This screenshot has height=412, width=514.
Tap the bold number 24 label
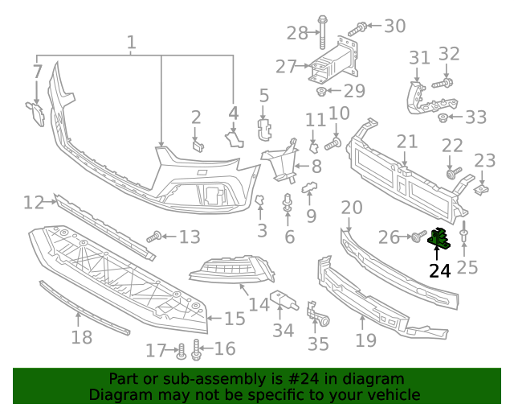pyautogui.click(x=439, y=271)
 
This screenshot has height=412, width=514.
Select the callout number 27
pyautogui.click(x=286, y=67)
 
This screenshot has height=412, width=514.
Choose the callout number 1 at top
pyautogui.click(x=131, y=42)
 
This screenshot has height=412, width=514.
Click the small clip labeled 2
pyautogui.click(x=198, y=145)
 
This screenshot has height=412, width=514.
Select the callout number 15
pyautogui.click(x=234, y=319)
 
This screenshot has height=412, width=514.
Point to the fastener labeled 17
pyautogui.click(x=181, y=351)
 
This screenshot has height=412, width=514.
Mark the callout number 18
pyautogui.click(x=81, y=337)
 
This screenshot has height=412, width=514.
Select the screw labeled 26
pyautogui.click(x=418, y=237)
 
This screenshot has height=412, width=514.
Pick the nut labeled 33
pyautogui.click(x=443, y=118)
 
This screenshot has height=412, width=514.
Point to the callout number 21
pyautogui.click(x=407, y=142)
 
